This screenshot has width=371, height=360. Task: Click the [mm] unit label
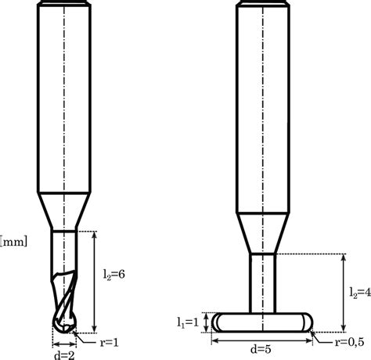point(13,242)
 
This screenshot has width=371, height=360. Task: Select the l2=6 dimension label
point(113,275)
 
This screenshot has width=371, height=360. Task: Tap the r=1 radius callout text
point(110,343)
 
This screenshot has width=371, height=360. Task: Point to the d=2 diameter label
point(64,355)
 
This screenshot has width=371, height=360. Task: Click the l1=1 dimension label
point(188,322)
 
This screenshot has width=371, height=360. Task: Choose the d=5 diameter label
point(261,349)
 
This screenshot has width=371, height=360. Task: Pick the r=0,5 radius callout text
point(349,342)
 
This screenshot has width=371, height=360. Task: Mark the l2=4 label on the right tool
point(360,293)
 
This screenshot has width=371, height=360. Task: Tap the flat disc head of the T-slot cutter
point(262,322)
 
